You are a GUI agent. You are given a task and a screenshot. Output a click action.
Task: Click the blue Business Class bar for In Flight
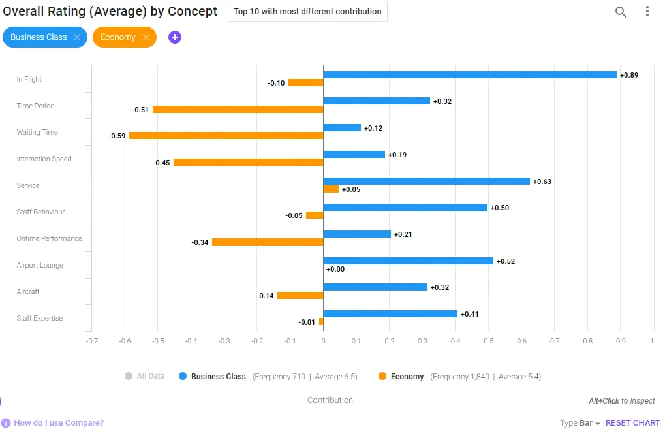pyautogui.click(x=470, y=74)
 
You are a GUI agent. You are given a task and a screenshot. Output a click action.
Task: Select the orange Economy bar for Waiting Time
pyautogui.click(x=226, y=136)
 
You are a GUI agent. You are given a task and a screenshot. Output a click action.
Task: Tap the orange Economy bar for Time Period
pyautogui.click(x=238, y=110)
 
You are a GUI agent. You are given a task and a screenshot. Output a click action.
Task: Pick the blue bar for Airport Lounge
pyautogui.click(x=409, y=261)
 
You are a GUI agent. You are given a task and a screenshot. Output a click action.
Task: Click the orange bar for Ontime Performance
pyautogui.click(x=268, y=242)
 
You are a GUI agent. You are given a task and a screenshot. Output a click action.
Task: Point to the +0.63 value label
pyautogui.click(x=542, y=182)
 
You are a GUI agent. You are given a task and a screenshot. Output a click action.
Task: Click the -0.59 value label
pyautogui.click(x=117, y=136)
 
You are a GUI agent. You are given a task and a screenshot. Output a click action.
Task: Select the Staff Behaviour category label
pyautogui.click(x=40, y=212)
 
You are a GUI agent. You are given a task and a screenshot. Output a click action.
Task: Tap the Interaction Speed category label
pyautogui.click(x=44, y=159)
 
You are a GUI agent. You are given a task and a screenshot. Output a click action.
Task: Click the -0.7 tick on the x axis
pyautogui.click(x=92, y=341)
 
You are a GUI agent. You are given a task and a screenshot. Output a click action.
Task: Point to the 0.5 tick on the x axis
pyautogui.click(x=489, y=341)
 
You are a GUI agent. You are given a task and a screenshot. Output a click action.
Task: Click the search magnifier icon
pyautogui.click(x=621, y=12)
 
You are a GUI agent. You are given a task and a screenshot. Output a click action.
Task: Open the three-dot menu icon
pyautogui.click(x=647, y=12)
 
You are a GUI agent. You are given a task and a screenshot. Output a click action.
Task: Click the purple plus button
pyautogui.click(x=175, y=37)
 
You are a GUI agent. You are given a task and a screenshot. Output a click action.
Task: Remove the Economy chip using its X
pyautogui.click(x=146, y=37)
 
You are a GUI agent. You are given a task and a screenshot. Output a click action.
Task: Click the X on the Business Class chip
pyautogui.click(x=77, y=37)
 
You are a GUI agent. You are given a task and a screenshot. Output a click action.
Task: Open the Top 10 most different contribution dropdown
pyautogui.click(x=307, y=12)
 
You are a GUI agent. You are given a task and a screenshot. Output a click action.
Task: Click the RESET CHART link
pyautogui.click(x=633, y=423)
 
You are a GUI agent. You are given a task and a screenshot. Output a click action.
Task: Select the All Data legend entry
pyautogui.click(x=145, y=376)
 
